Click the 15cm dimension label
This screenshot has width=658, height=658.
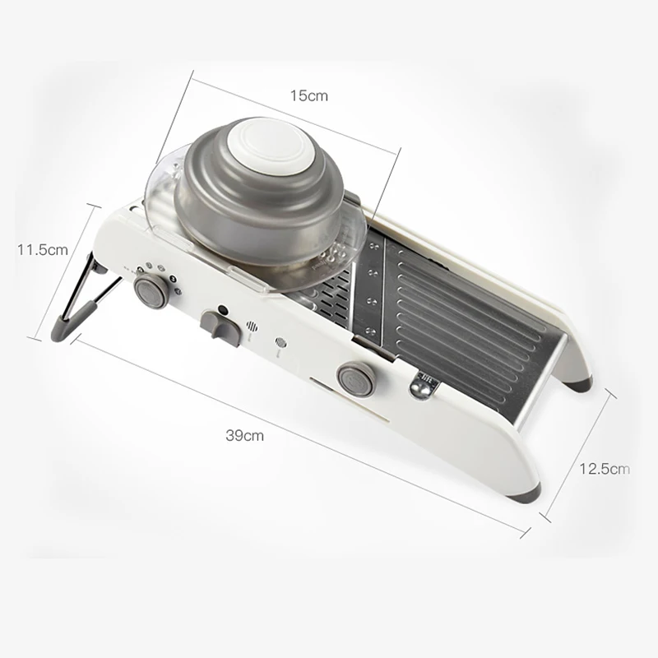click(x=309, y=95)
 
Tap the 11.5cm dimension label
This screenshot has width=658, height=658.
click(x=43, y=250)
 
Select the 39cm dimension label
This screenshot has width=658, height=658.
click(x=244, y=435)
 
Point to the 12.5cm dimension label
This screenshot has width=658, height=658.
click(x=605, y=468)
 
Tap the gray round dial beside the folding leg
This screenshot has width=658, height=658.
click(x=151, y=291)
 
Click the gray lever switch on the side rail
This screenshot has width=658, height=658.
click(x=220, y=328)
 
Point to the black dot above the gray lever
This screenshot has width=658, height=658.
click(x=223, y=310)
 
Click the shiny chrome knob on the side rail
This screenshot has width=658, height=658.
click(x=420, y=388)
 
